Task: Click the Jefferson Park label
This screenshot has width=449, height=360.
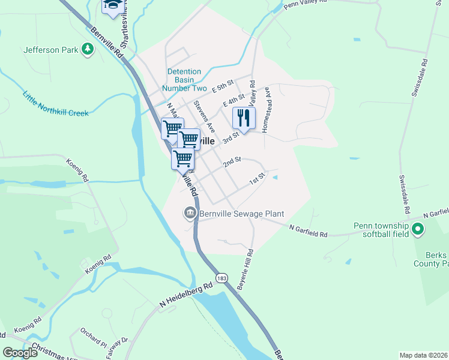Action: pos(50,50)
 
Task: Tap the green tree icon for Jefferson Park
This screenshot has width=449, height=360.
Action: pos(88,49)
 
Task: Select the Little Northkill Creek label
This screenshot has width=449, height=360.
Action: pos(55,104)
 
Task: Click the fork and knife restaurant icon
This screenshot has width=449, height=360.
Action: pos(244,118)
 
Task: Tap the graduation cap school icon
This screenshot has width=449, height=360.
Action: pos(112,5)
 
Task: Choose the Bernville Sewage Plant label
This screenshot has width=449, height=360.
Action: pos(241,214)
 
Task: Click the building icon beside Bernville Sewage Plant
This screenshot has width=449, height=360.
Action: pos(190,213)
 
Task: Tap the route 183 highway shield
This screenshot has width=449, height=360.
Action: pos(222,278)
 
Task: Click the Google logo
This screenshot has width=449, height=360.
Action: pos(20,353)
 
